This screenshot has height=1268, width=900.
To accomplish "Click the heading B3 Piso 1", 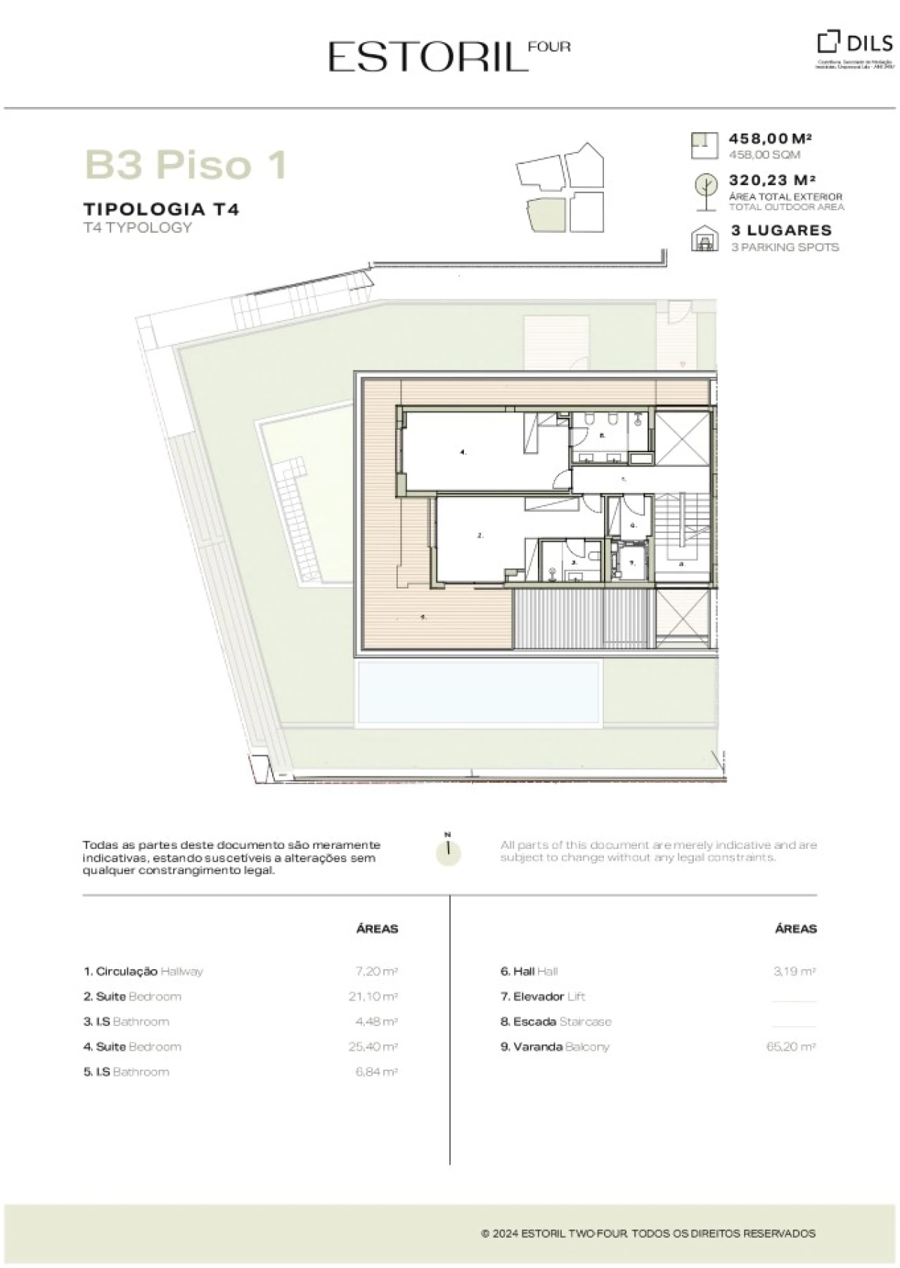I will (x=186, y=165).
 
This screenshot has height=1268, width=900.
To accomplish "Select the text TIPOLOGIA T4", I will (x=161, y=209).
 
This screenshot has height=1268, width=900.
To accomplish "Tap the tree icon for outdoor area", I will (x=704, y=191).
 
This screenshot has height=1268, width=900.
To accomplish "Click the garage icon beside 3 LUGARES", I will (x=704, y=238).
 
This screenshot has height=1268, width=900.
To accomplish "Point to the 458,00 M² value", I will (x=771, y=139).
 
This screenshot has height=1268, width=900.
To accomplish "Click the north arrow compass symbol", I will (x=448, y=850).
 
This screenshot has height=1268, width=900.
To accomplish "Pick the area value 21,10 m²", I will (x=373, y=997).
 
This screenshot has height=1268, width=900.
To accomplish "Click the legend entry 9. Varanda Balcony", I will (x=555, y=1046).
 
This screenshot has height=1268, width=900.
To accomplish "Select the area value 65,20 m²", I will (x=790, y=1046).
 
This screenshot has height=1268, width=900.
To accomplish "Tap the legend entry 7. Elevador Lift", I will (x=542, y=997).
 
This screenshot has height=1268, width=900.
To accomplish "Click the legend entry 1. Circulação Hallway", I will (x=143, y=971).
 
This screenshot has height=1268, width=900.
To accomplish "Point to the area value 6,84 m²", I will (x=376, y=1072).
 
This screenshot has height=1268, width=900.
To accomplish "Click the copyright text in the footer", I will (x=648, y=1234).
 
